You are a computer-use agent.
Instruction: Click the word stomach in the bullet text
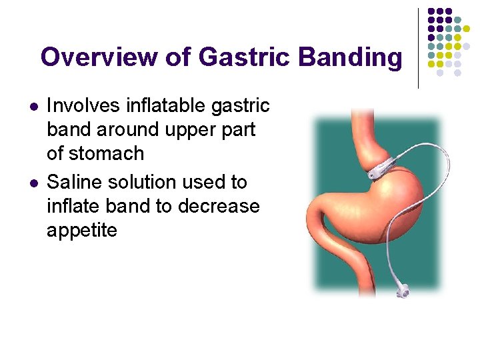[x=107, y=153]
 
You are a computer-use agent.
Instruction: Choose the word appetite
[x=82, y=231]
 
